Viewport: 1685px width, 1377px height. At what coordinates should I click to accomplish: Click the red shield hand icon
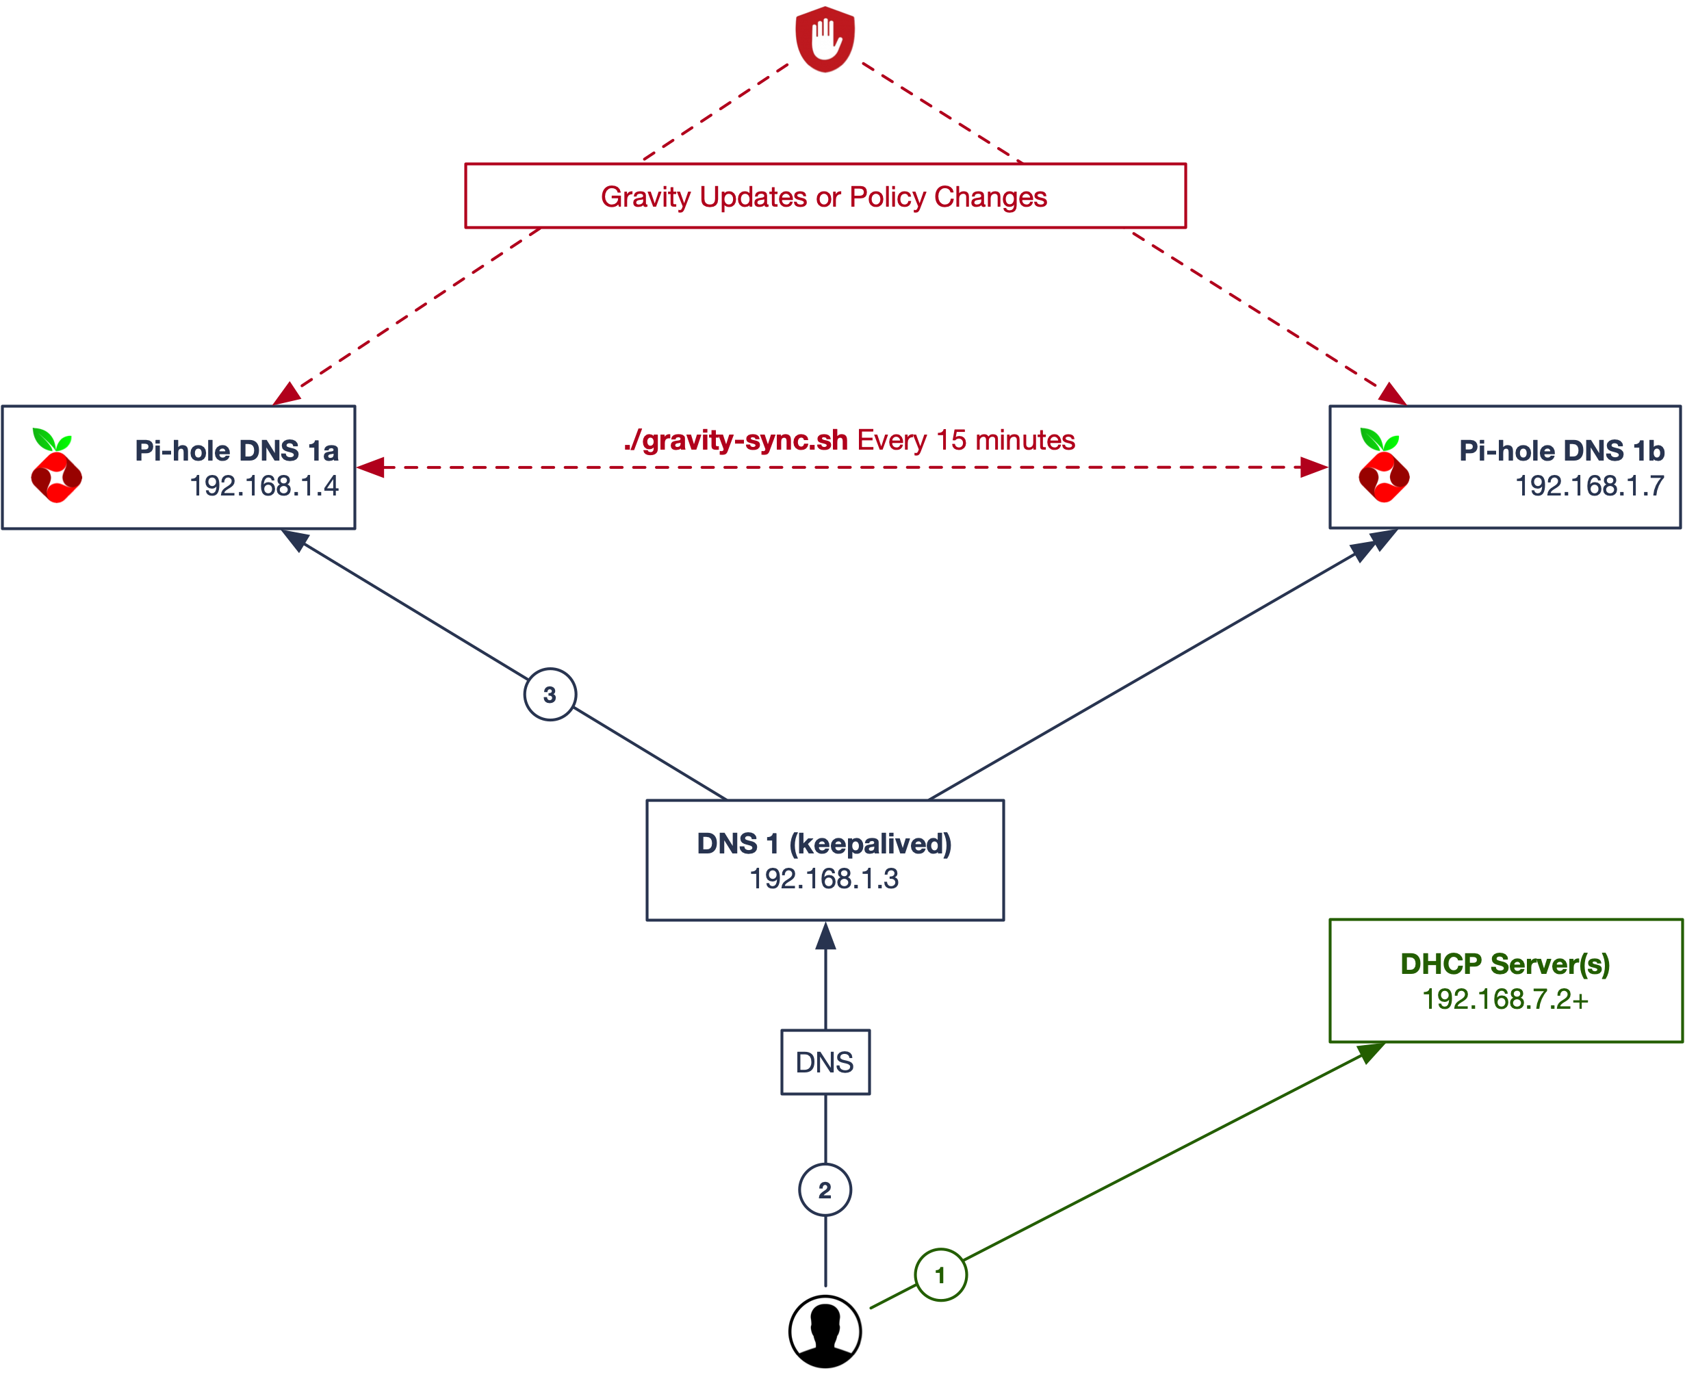pyautogui.click(x=825, y=39)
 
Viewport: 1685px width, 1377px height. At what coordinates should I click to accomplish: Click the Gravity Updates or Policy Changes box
pyautogui.click(x=825, y=196)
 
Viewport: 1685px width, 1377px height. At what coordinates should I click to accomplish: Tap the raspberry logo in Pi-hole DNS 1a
pyautogui.click(x=55, y=466)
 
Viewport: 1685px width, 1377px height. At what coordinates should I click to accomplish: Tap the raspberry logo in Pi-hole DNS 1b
pyautogui.click(x=1384, y=466)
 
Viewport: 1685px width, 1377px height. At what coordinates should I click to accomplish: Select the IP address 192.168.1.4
pyautogui.click(x=263, y=485)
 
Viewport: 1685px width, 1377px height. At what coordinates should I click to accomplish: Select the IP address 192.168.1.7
pyautogui.click(x=1589, y=485)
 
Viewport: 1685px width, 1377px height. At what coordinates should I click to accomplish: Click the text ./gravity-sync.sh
pyautogui.click(x=736, y=440)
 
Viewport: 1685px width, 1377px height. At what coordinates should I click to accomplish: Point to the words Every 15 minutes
pyautogui.click(x=966, y=440)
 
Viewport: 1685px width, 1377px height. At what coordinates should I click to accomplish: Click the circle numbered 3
pyautogui.click(x=550, y=695)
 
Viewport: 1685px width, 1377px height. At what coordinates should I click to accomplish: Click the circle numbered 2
pyautogui.click(x=825, y=1189)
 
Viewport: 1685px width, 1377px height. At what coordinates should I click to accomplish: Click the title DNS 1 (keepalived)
pyautogui.click(x=824, y=844)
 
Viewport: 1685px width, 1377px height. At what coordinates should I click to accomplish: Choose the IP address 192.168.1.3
pyautogui.click(x=824, y=879)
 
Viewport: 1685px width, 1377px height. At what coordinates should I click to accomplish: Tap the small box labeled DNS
pyautogui.click(x=825, y=1062)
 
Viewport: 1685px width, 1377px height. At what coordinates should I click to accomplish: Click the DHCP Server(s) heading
pyautogui.click(x=1505, y=964)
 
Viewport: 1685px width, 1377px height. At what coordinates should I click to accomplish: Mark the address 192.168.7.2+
pyautogui.click(x=1505, y=999)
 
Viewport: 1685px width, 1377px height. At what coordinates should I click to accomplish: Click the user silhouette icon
pyautogui.click(x=825, y=1331)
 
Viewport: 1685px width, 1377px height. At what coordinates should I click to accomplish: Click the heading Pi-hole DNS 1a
pyautogui.click(x=236, y=450)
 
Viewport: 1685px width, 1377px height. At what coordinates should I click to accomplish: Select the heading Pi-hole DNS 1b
pyautogui.click(x=1561, y=450)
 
